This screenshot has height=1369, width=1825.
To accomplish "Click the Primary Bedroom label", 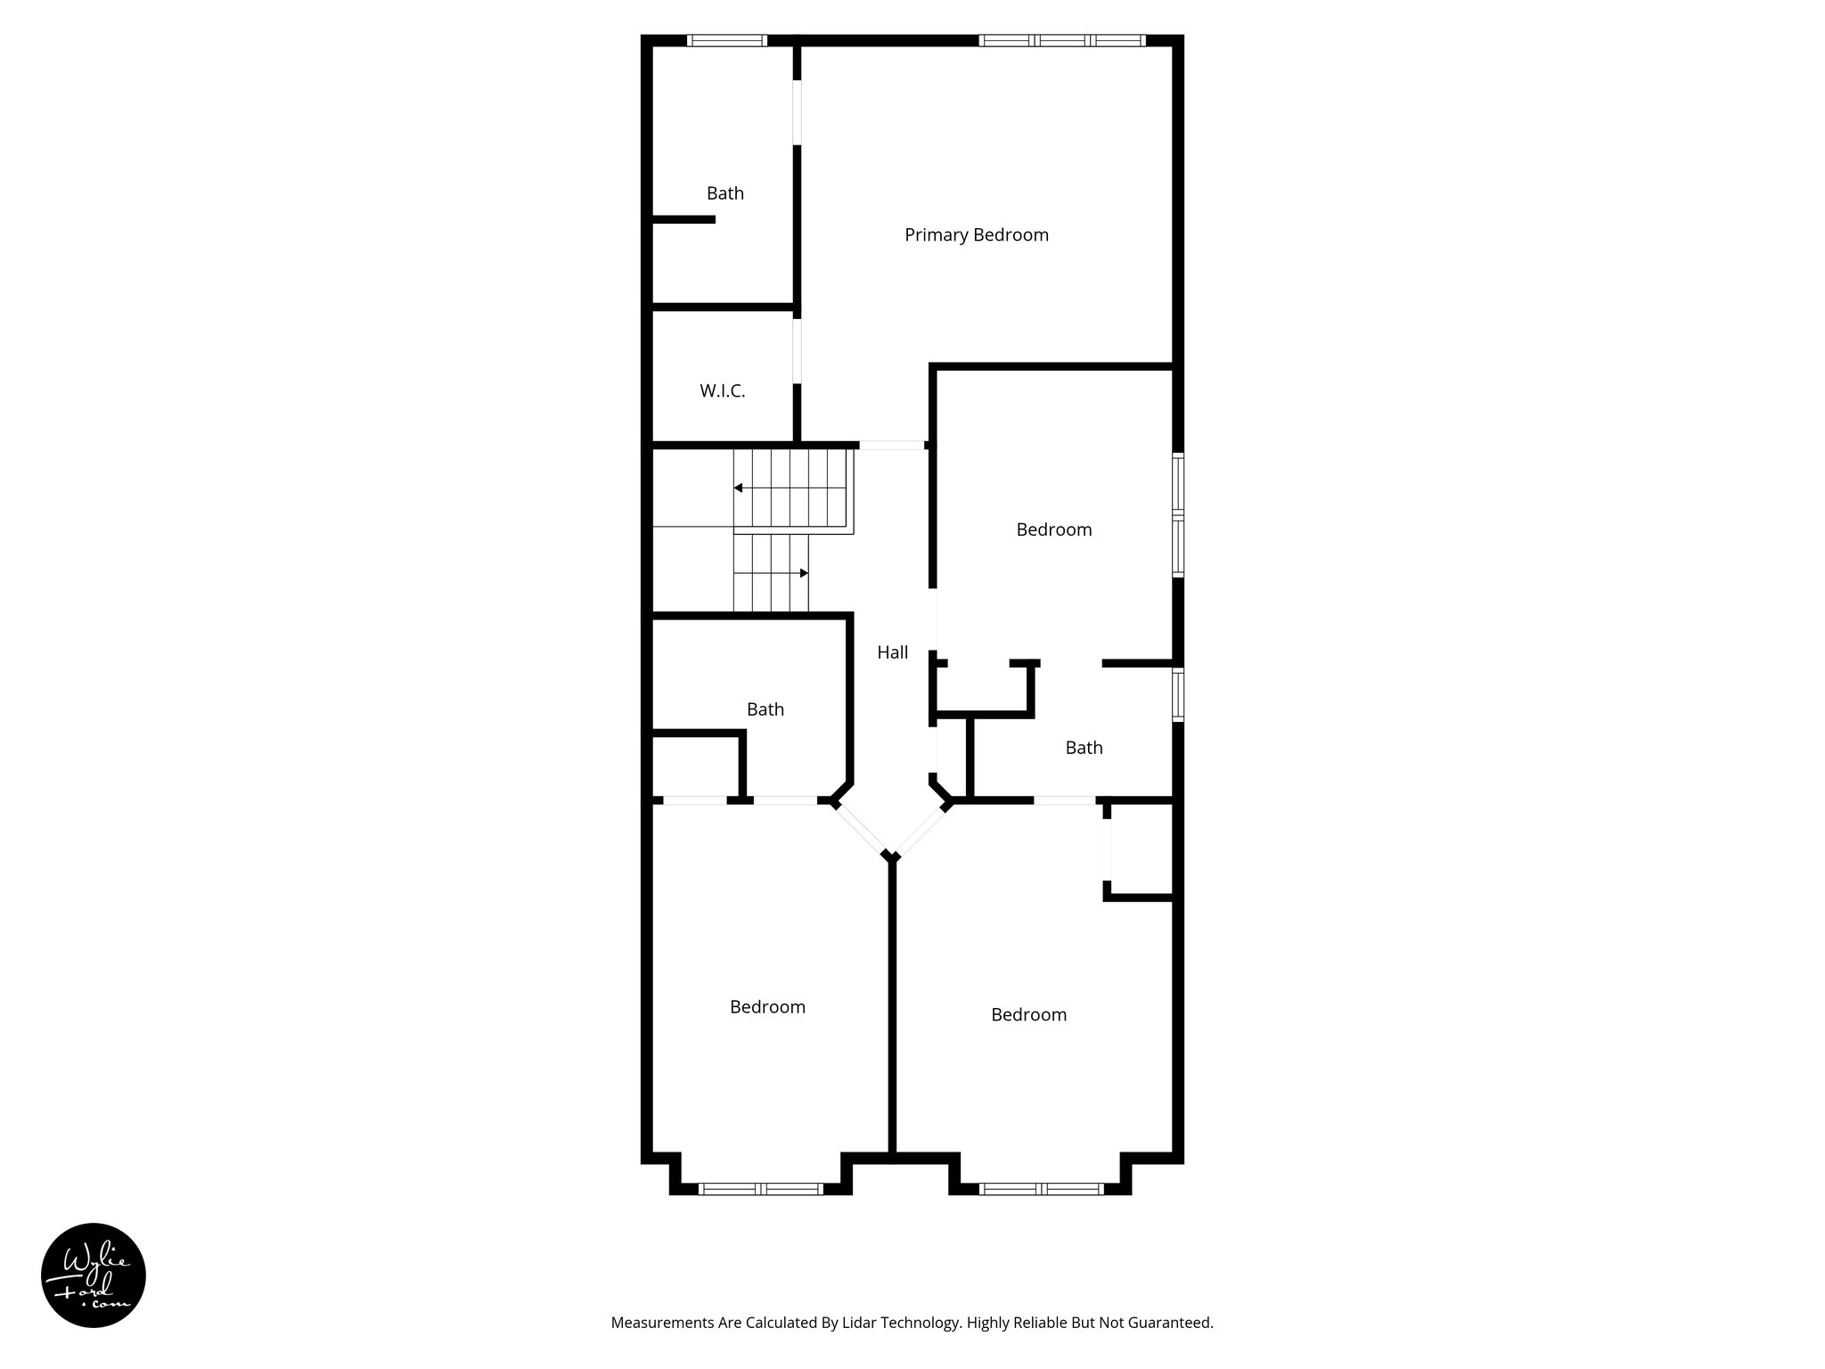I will (x=976, y=235).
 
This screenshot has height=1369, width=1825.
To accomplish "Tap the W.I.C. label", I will (x=722, y=391).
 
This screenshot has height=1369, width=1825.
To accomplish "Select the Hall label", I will (x=892, y=652).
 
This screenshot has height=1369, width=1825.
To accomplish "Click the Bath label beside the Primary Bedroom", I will (x=724, y=193).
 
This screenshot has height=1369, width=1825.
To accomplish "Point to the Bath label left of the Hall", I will (x=765, y=709).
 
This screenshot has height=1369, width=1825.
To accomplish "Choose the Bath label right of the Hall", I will (x=1084, y=748).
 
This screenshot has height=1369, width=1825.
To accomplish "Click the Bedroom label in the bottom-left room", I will (x=767, y=1007).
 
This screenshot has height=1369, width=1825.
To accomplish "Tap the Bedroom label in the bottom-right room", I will (x=1028, y=1015).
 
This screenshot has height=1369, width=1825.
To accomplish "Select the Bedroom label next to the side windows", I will (x=1053, y=530).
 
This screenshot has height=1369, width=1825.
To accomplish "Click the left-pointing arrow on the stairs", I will (x=739, y=488).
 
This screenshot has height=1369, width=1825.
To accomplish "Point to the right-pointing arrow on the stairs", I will (x=803, y=572).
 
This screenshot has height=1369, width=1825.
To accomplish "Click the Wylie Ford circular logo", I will (x=94, y=1275).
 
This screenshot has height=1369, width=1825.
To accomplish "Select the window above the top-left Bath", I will (x=727, y=40).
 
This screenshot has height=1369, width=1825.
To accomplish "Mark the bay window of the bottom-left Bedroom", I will (x=760, y=1188).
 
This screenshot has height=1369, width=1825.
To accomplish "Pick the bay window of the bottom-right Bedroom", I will (x=1040, y=1188).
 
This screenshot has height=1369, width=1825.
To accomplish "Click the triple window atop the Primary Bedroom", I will (x=1061, y=40).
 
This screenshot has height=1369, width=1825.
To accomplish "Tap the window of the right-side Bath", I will (x=1178, y=694).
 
